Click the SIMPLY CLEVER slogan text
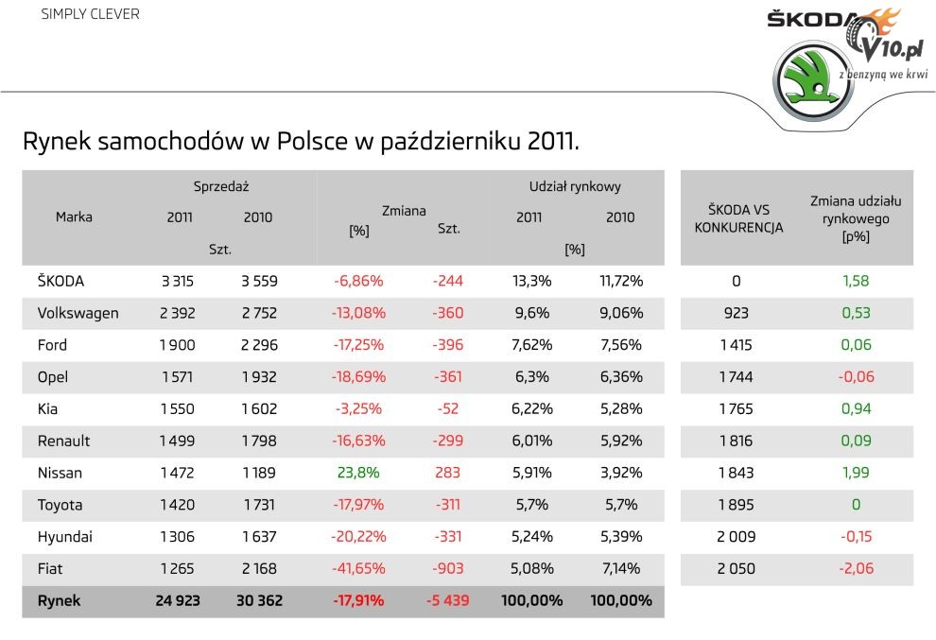[90, 14]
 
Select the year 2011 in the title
[553, 142]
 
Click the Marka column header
[74, 216]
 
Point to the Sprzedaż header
[220, 186]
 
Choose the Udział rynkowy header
[574, 186]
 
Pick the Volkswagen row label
[78, 313]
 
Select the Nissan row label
[60, 473]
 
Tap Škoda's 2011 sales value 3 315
[180, 281]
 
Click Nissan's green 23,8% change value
[358, 473]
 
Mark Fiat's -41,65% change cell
[358, 568]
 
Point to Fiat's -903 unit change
[448, 568]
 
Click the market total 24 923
[180, 600]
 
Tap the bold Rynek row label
[59, 600]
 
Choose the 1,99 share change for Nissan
[855, 473]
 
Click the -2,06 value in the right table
[855, 568]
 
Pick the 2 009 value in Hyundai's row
[737, 537]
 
